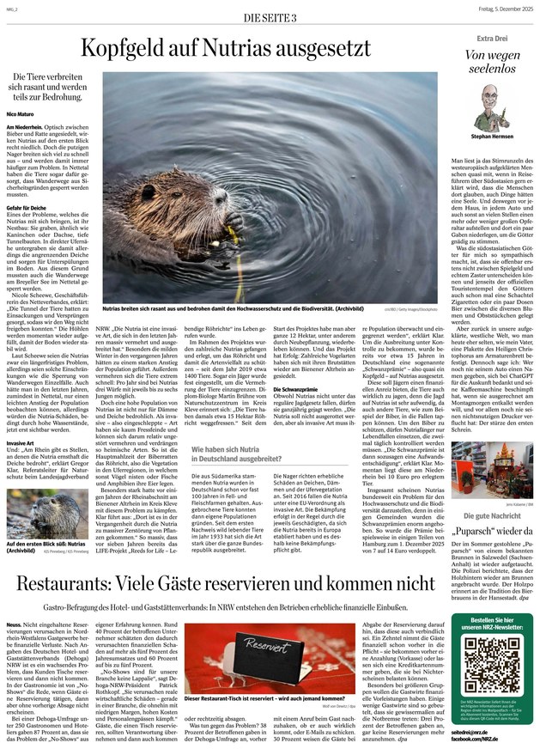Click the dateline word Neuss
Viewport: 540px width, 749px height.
click(15, 600)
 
